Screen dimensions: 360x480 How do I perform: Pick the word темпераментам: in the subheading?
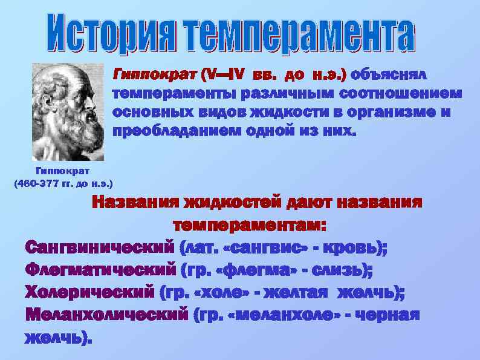click(x=250, y=225)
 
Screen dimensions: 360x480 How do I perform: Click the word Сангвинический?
click(x=99, y=247)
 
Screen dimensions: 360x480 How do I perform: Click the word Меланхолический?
click(x=106, y=315)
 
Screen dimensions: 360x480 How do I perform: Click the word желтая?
click(x=294, y=292)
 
